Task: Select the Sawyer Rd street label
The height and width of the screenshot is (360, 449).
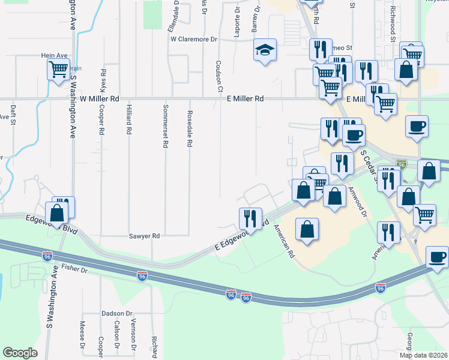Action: (144, 236)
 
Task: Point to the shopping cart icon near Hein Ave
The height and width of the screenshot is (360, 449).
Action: (58, 70)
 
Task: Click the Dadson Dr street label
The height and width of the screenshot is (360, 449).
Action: (116, 313)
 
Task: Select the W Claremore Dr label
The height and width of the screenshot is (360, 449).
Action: (193, 39)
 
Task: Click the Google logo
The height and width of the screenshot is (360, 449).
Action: (20, 353)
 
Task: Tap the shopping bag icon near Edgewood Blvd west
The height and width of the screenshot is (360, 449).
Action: (57, 214)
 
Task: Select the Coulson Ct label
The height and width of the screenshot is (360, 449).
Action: (220, 77)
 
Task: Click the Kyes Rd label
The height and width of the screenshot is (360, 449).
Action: (104, 79)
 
